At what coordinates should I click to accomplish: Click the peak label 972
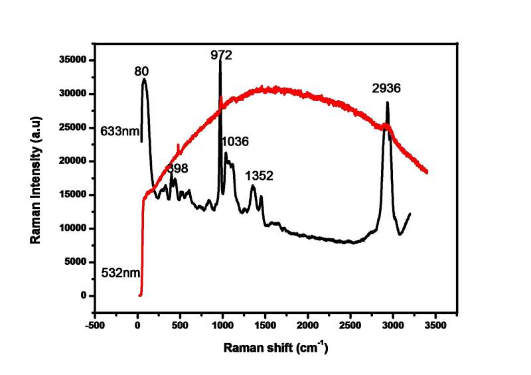tap(222, 56)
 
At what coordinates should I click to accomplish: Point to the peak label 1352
tap(260, 176)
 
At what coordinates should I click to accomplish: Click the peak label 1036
tap(235, 141)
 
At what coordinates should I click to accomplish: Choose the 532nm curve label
tap(119, 273)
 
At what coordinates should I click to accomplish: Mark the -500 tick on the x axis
tap(95, 326)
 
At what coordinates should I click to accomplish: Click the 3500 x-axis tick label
tap(435, 326)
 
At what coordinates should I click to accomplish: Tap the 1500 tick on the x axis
tap(265, 326)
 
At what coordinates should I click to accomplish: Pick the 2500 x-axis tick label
tap(350, 326)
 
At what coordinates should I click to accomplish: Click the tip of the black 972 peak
tap(220, 62)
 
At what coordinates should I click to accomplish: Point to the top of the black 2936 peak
tap(387, 102)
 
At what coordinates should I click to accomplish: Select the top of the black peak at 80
tap(144, 79)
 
